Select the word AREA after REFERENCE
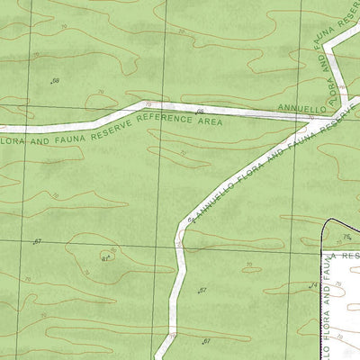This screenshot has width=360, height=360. (x=209, y=120)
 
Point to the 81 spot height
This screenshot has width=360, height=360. (x=105, y=258)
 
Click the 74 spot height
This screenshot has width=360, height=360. (x=314, y=285)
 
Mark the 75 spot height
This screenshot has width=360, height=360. (x=346, y=237)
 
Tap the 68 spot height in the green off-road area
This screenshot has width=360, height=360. (x=56, y=81)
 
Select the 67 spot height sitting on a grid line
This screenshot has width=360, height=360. (x=38, y=242)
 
